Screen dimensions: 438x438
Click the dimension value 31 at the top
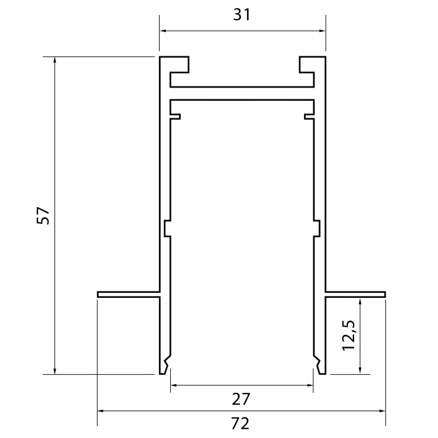pos(242,15)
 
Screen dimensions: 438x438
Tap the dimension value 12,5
pos(349,335)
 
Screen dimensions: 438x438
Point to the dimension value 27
pos(242,398)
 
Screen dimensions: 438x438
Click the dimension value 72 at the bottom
pos(240,424)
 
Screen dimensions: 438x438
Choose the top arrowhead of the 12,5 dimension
pos(360,302)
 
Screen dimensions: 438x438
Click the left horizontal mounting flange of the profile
pos(128,293)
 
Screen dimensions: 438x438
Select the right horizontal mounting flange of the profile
pos(355,293)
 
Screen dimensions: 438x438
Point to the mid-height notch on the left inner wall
pos(167,228)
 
